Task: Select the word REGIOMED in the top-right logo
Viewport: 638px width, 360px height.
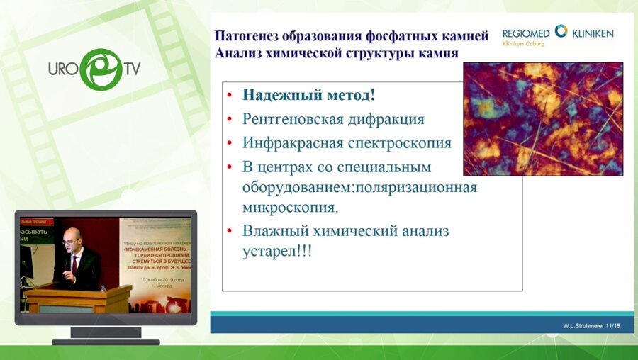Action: (x=526, y=33)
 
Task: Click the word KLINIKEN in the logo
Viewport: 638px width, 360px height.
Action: (x=592, y=33)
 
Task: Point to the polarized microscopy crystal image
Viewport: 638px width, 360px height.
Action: (x=542, y=119)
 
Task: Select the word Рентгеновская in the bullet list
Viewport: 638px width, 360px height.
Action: (x=293, y=118)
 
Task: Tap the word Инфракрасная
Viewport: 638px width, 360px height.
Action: (x=292, y=142)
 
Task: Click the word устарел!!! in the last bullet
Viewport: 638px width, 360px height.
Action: (x=277, y=251)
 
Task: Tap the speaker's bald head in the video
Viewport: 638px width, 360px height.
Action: (x=72, y=237)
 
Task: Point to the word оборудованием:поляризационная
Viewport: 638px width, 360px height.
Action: (x=359, y=188)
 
